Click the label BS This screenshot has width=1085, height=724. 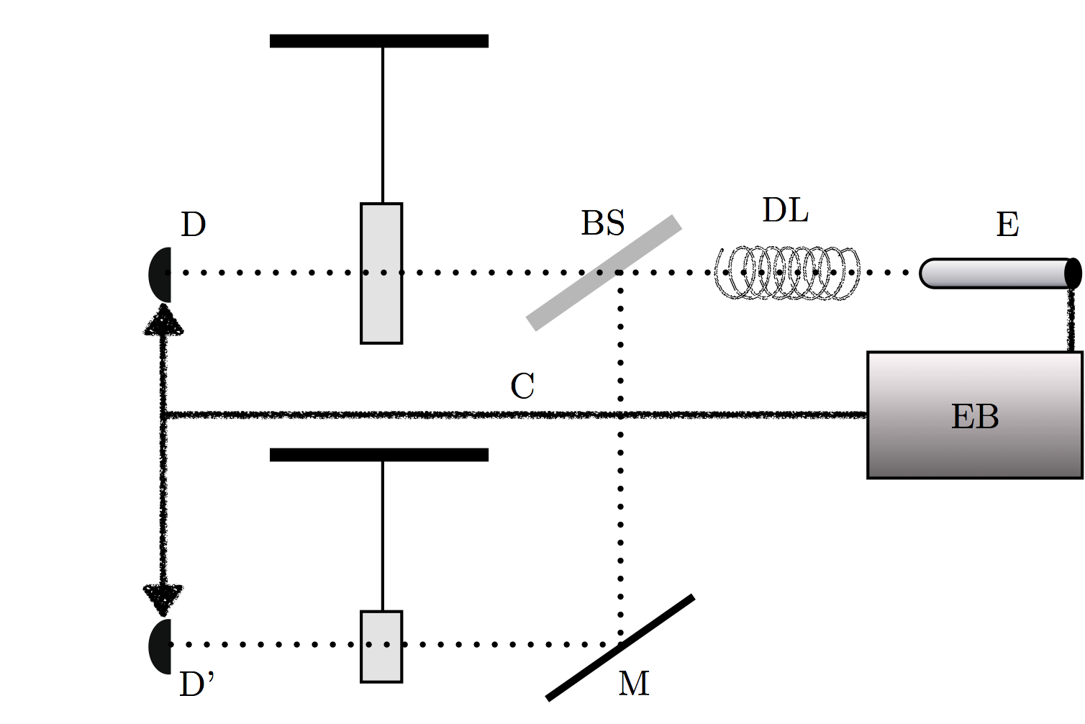click(602, 223)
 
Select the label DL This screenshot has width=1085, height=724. click(785, 210)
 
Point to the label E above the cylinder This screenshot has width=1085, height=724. click(1007, 225)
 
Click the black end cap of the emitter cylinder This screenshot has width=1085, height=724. click(1073, 273)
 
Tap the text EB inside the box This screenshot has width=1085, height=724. click(975, 417)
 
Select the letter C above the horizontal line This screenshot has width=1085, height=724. click(522, 386)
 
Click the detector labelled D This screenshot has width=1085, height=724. click(160, 274)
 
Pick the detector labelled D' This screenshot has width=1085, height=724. click(160, 646)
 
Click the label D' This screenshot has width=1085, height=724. click(196, 684)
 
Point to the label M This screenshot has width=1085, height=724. click(634, 683)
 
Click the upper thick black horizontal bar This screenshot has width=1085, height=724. click(379, 41)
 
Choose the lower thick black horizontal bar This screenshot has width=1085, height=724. click(379, 455)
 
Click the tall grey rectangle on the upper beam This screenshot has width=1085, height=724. click(381, 273)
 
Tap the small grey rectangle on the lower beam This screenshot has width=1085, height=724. click(381, 646)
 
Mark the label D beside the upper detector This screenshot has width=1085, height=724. click(193, 225)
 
